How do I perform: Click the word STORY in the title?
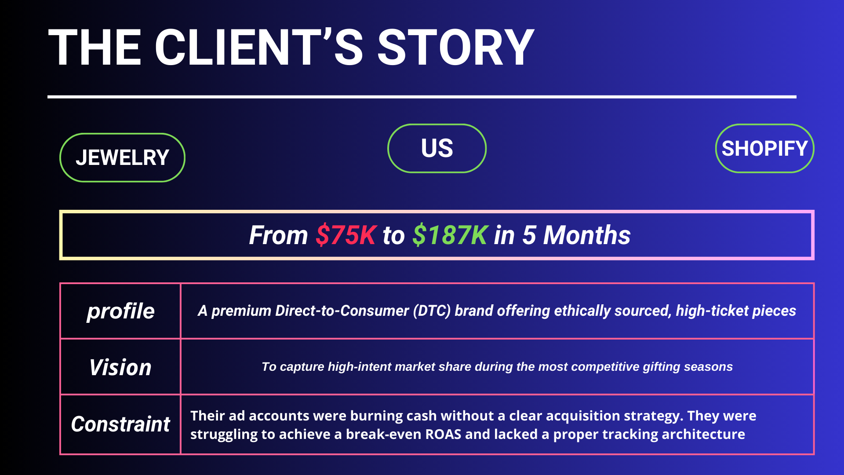coord(456,47)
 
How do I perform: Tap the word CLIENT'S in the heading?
coord(259,47)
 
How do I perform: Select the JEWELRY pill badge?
coord(122,157)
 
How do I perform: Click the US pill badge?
coord(437,148)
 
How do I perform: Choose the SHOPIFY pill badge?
coord(765,148)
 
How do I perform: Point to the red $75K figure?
coord(346,235)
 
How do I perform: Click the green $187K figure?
coord(450,235)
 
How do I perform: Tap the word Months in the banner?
coord(587,235)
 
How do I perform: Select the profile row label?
coord(120,311)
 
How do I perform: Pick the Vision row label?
coord(120,367)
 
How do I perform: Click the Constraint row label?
coord(120,424)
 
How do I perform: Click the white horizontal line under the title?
coord(422,97)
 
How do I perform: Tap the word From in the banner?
coord(278,235)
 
